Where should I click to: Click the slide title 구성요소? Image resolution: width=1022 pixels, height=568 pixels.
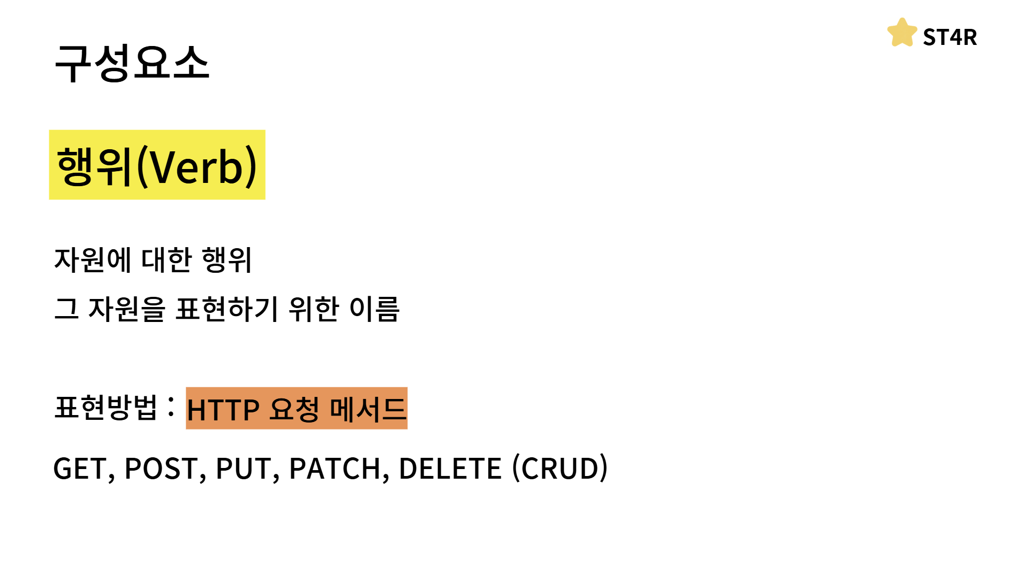132,63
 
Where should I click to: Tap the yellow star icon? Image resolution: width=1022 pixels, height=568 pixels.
902,33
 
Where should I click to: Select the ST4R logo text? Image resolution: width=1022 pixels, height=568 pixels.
950,37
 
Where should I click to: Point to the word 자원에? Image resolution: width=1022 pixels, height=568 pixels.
93,260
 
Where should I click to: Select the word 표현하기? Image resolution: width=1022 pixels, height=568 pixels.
227,309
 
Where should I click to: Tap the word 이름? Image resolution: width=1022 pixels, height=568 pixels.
374,309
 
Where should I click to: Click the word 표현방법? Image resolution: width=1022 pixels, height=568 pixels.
106,408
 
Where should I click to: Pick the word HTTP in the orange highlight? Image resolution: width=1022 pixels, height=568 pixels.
223,410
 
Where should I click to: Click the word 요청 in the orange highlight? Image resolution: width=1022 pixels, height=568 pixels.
294,409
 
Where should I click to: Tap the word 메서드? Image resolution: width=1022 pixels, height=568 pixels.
368,409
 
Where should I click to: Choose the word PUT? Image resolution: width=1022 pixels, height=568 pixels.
244,469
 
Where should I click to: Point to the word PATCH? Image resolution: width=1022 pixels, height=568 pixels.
335,469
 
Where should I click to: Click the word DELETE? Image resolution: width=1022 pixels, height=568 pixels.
450,469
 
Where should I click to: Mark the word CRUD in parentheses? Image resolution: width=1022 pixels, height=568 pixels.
560,469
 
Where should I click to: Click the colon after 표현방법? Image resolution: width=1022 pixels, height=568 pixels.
171,407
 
